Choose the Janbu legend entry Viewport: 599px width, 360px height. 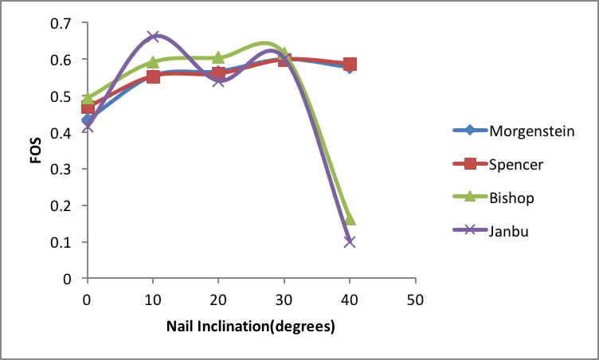coord(507,230)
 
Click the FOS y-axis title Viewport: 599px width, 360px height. coord(35,151)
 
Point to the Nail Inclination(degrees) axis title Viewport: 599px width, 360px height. coord(250,327)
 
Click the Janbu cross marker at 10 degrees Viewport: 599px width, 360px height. coord(153,37)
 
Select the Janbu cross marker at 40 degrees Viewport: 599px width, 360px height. coord(350,241)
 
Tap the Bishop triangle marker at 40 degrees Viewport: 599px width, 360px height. coord(350,218)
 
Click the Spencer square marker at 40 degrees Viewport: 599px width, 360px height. coord(350,65)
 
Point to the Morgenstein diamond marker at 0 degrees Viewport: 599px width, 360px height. coord(88,120)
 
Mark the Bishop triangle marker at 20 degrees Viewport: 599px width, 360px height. coord(219,58)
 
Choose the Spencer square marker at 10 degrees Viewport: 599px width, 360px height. coord(153,76)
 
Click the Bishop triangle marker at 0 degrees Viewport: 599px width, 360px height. coord(88,99)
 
